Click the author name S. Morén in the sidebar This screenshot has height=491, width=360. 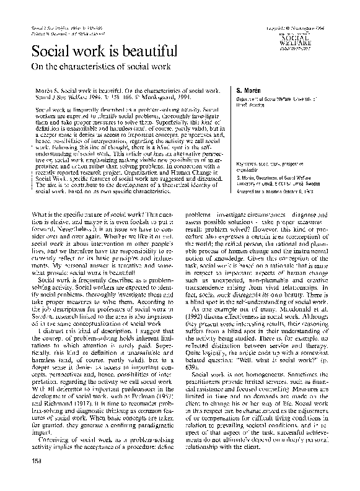point(244,90)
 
